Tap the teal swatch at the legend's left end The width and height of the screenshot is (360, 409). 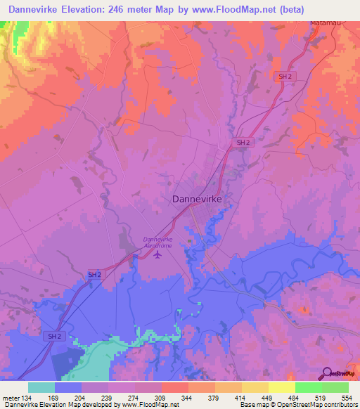(x=41, y=387)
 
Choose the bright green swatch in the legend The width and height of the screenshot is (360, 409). (x=309, y=387)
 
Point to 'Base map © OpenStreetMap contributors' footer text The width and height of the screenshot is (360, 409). (x=297, y=405)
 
